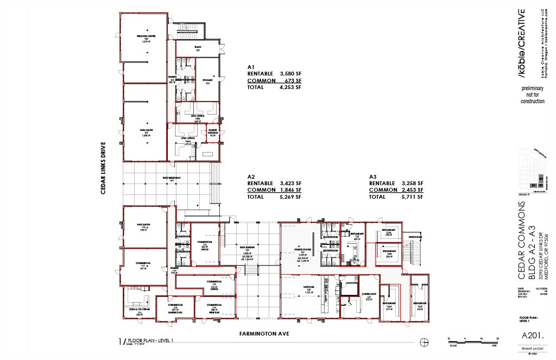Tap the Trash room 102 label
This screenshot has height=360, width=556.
198,49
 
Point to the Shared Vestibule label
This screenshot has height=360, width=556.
212,131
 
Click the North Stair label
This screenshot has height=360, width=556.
415,237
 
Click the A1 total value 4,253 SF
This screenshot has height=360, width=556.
290,87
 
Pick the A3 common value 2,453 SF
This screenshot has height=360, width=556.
412,190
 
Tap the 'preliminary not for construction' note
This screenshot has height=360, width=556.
532,94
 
